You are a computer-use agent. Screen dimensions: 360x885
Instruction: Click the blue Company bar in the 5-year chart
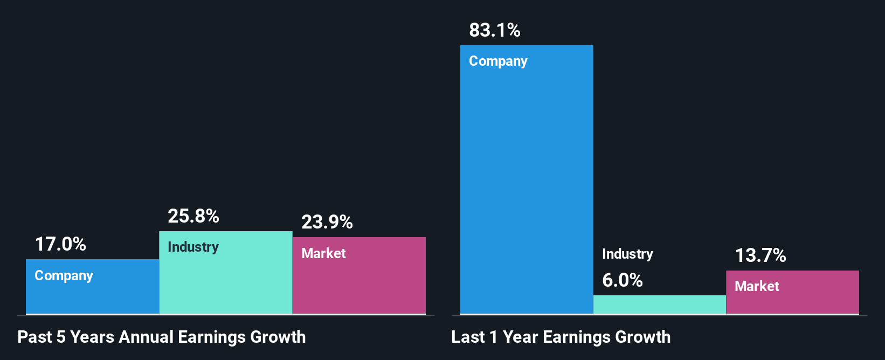click(x=92, y=294)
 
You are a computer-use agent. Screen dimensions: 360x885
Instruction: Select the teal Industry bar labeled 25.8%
click(x=225, y=280)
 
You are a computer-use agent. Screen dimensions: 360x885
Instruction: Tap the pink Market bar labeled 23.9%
click(x=359, y=283)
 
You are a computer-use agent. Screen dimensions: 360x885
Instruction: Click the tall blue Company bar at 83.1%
click(x=526, y=183)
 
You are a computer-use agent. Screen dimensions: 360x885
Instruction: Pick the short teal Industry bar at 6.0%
click(x=659, y=304)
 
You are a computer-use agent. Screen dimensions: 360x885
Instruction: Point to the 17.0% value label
click(x=60, y=244)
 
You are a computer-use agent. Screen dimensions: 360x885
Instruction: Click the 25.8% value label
click(x=193, y=216)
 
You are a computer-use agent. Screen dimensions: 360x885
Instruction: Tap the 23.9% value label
click(x=327, y=222)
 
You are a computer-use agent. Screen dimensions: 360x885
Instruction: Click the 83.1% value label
click(x=494, y=30)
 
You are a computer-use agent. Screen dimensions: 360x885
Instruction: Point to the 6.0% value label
click(x=622, y=280)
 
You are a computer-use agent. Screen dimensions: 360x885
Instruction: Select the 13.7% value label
click(x=760, y=255)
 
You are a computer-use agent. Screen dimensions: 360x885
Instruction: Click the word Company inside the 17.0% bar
click(x=64, y=276)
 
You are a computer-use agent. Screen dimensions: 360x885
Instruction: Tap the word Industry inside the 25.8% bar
click(x=193, y=247)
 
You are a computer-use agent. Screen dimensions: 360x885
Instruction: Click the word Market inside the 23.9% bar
click(x=323, y=253)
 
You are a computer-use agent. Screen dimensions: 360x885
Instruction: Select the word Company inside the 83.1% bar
click(x=498, y=61)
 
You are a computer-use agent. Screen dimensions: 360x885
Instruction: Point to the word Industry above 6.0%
click(x=627, y=254)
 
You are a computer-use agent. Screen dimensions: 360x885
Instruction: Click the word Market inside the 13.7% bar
click(x=757, y=286)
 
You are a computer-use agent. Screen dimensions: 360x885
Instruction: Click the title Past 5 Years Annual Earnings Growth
click(x=162, y=337)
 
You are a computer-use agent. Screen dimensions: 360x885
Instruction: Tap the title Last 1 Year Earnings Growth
click(x=561, y=337)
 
